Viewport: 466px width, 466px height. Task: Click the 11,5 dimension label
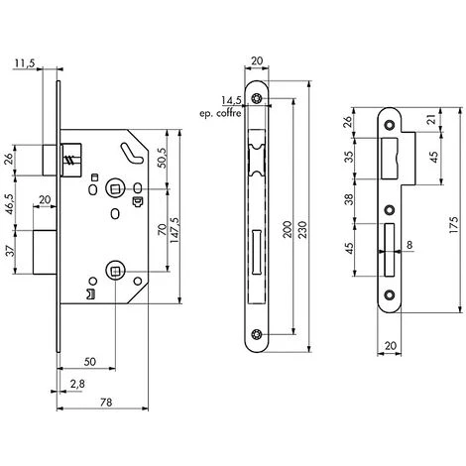click(24, 63)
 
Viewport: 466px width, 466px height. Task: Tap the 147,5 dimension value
click(175, 230)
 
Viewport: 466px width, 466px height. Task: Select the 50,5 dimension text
click(163, 157)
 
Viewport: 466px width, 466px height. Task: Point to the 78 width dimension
click(106, 403)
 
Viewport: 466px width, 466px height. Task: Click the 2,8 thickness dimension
click(77, 384)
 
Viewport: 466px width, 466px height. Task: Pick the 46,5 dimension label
click(10, 204)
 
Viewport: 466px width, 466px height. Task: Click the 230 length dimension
click(302, 229)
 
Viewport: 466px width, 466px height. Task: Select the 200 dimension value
click(288, 229)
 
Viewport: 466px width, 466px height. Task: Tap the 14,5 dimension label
click(232, 100)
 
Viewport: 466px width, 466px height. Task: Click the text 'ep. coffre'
click(220, 113)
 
